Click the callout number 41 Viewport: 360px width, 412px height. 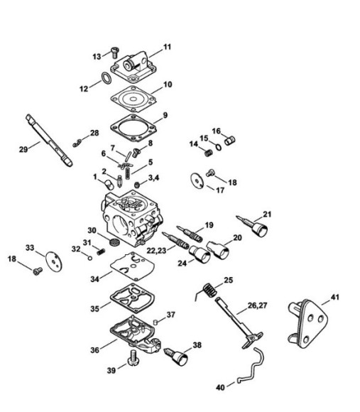click(334, 296)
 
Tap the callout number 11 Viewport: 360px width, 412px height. click(168, 47)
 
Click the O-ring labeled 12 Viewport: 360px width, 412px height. click(104, 77)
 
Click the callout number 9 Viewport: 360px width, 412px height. click(165, 115)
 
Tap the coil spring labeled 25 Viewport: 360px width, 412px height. click(209, 291)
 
